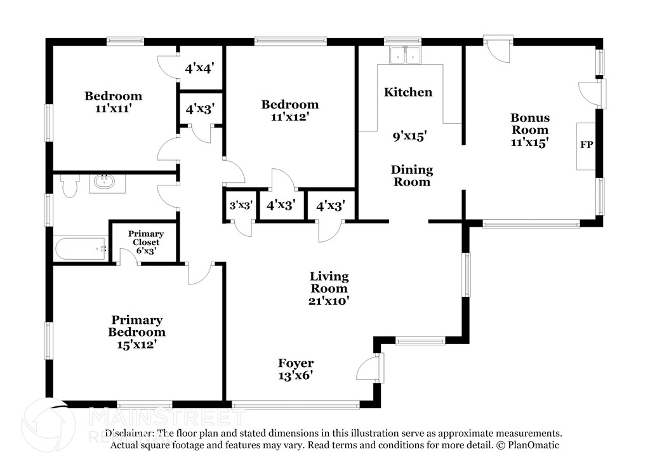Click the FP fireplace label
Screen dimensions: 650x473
tap(586, 145)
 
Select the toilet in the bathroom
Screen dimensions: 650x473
tap(70, 185)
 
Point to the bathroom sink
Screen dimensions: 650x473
tap(104, 183)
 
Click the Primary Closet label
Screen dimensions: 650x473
tap(145, 237)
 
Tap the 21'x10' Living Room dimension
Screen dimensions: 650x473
tap(329, 301)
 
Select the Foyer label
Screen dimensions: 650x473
tap(296, 363)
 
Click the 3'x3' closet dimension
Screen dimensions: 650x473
tap(241, 206)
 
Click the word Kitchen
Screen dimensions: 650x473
tap(408, 92)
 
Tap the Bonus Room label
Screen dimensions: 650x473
tap(530, 123)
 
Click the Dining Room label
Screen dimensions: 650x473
tap(411, 175)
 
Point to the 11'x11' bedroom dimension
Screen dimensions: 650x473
tap(114, 109)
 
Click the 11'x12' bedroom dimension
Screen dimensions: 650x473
tap(290, 117)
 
